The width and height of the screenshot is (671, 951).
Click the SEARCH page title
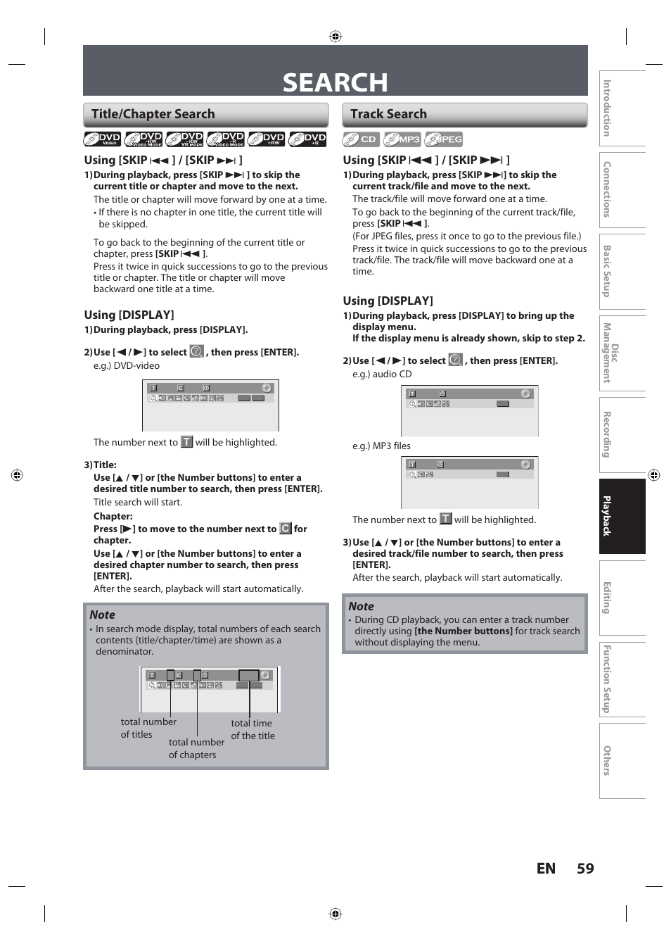335,82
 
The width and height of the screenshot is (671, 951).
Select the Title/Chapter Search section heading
153,114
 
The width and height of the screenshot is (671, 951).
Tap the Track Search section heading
388,114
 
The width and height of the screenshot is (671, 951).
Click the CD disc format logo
360,139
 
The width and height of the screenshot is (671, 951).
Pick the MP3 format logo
402,139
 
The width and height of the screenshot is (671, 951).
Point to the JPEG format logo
444,139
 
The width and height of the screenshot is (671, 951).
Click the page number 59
585,869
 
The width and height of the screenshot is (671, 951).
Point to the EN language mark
546,869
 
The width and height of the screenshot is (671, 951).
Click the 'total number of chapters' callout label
196,748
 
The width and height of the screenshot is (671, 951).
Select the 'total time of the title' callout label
253,729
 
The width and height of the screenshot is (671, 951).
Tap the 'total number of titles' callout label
148,728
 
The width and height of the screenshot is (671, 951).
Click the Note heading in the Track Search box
361,606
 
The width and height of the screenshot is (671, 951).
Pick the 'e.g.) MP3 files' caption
381,446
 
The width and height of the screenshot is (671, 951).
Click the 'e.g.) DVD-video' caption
127,365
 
